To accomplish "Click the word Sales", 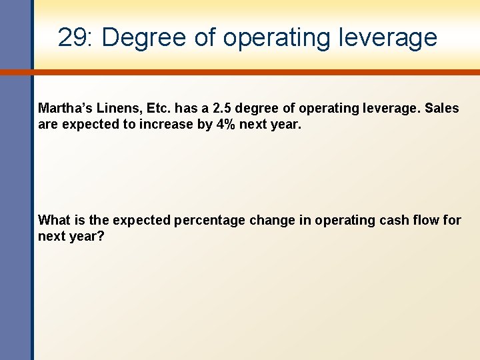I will (441, 108).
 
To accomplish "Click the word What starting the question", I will (54, 220).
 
